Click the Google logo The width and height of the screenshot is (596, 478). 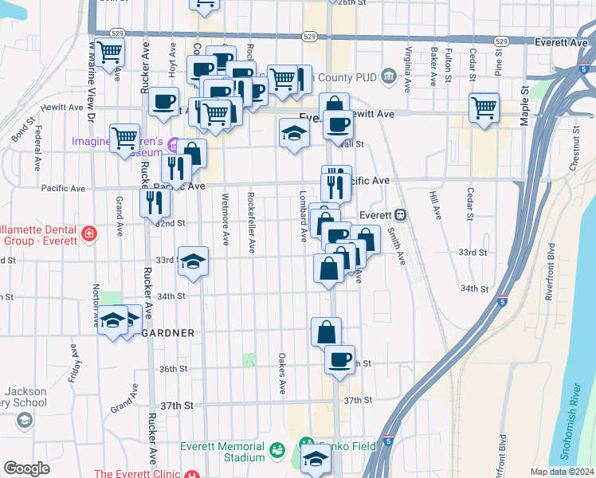[x=27, y=468]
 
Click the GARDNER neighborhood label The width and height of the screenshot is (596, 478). [x=167, y=332]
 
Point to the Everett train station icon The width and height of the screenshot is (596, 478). [x=401, y=214]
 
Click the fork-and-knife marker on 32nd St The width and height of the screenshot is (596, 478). [x=155, y=202]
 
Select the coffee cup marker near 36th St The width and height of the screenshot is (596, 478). [x=340, y=358]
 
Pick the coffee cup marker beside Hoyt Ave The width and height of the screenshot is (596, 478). [x=164, y=101]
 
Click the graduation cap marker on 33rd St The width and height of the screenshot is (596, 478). [x=192, y=261]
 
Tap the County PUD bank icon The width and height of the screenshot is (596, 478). [x=388, y=76]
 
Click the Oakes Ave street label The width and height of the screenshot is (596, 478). [x=282, y=374]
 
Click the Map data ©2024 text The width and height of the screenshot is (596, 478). [x=561, y=471]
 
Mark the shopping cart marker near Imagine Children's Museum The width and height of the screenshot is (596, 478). [x=124, y=139]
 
